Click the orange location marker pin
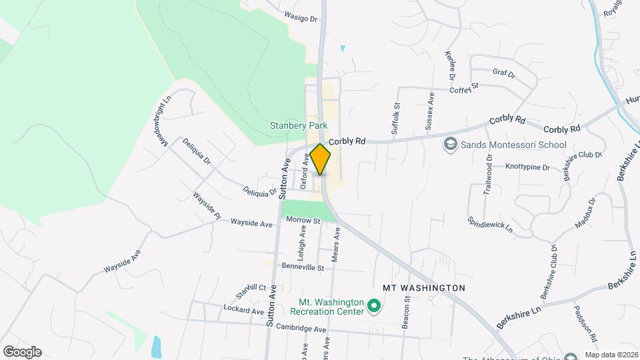pos(321,159)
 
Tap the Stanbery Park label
pos(299,125)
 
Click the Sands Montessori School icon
pos(450,144)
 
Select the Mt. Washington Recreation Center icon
pos(374,307)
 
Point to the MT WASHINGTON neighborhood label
pos(423,287)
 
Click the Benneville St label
pos(303,267)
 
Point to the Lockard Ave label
pos(244,311)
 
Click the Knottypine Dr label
pos(527,167)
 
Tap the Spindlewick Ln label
pos(490,224)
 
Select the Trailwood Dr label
pos(488,175)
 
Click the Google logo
pos(22,352)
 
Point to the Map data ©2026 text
pos(611,355)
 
